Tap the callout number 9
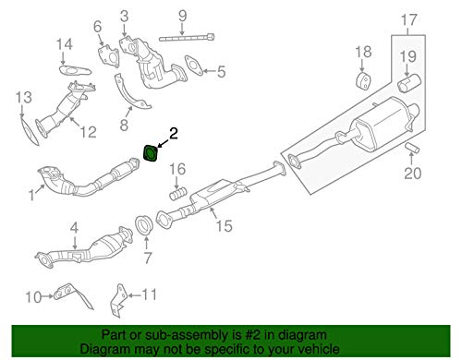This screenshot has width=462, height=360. click(x=182, y=15)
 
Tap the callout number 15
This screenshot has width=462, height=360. click(x=225, y=223)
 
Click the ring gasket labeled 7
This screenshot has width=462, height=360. click(x=144, y=224)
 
